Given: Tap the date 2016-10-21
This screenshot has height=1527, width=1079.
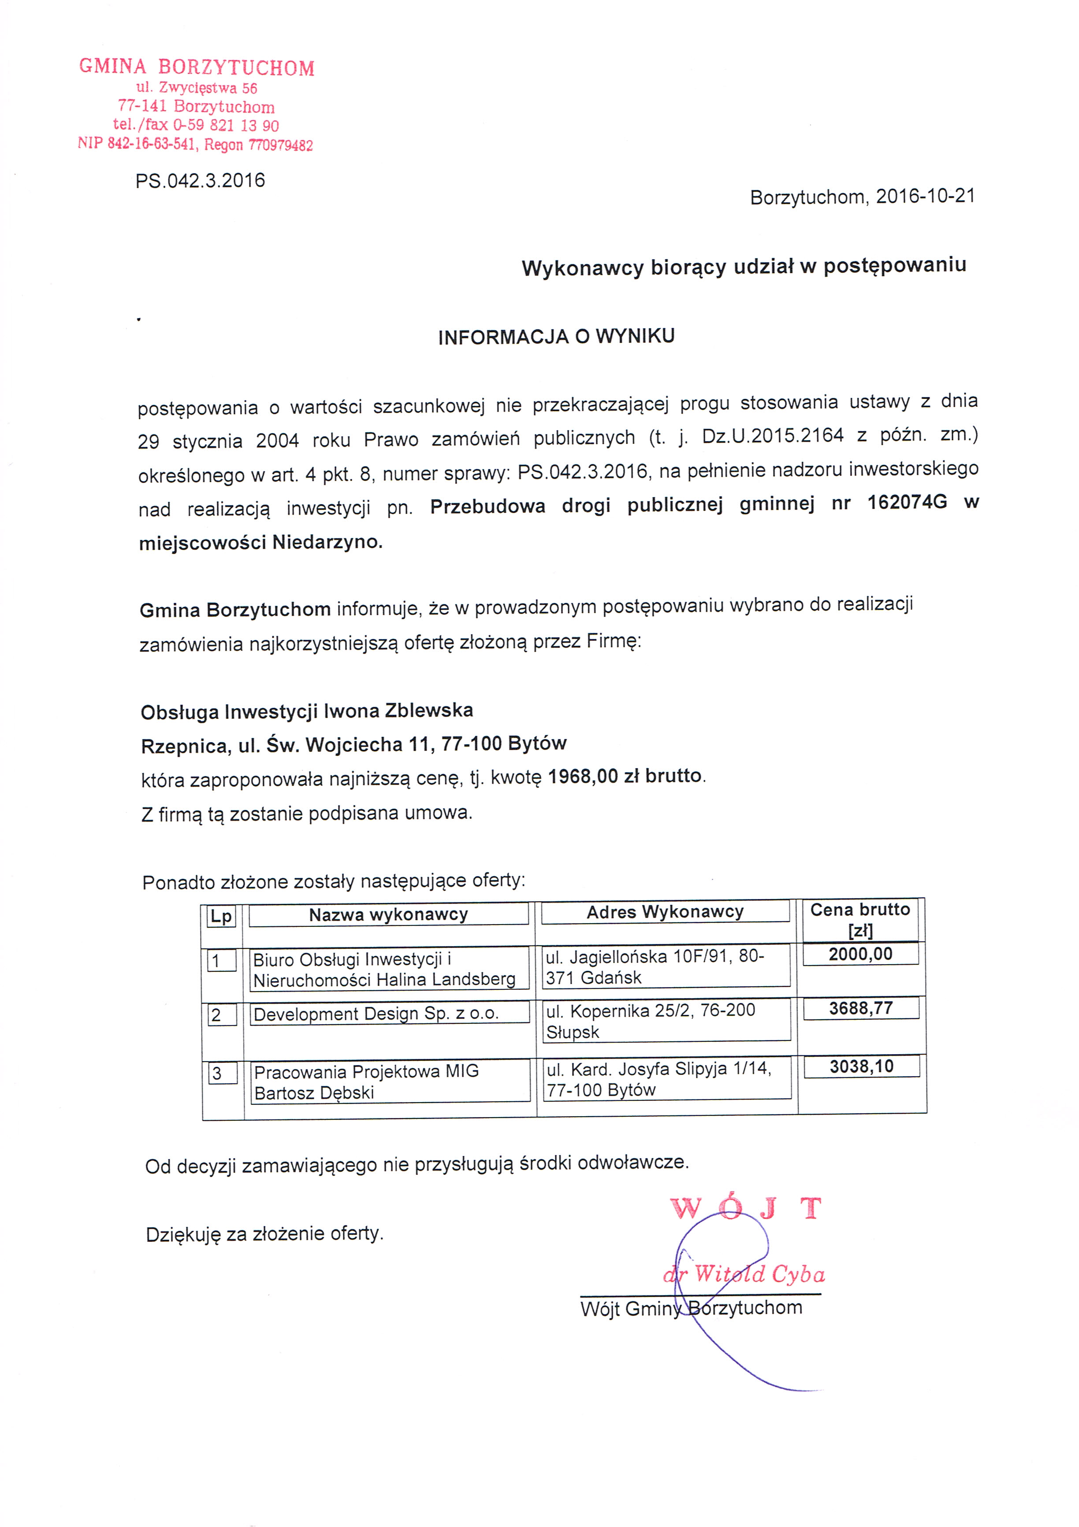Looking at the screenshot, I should pyautogui.click(x=925, y=196).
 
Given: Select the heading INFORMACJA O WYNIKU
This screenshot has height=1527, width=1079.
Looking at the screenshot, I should pyautogui.click(x=556, y=337).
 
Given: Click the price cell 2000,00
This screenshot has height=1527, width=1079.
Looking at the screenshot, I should pyautogui.click(x=860, y=955).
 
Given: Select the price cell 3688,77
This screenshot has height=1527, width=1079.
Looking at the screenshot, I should pyautogui.click(x=861, y=1008).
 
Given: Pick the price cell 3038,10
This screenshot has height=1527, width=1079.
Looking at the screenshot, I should pyautogui.click(x=861, y=1067).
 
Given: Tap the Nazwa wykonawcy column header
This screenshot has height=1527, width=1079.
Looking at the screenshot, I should pyautogui.click(x=388, y=914).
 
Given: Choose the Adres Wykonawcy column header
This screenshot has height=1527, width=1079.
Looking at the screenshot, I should pyautogui.click(x=665, y=912).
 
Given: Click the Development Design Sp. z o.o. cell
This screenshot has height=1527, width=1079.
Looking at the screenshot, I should pyautogui.click(x=376, y=1014).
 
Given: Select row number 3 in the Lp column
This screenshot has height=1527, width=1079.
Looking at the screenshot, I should pyautogui.click(x=217, y=1074).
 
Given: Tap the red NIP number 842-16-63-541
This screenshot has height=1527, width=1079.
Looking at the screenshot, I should pyautogui.click(x=152, y=144).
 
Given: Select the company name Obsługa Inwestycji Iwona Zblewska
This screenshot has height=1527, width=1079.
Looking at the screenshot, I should pyautogui.click(x=307, y=711).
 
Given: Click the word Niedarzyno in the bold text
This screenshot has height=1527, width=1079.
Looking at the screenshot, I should pyautogui.click(x=327, y=542).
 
